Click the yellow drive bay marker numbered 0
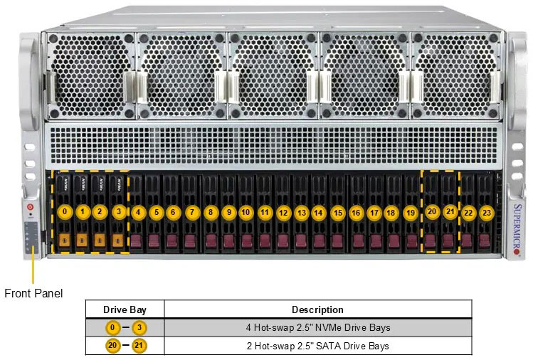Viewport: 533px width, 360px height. [65, 211]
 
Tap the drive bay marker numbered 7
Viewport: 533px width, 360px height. [191, 212]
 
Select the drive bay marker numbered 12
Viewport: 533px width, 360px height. [283, 212]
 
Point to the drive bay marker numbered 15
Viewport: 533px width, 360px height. [337, 212]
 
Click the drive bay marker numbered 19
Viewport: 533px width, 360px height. [410, 212]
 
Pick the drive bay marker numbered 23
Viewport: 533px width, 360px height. [486, 212]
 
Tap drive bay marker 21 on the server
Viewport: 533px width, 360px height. [450, 211]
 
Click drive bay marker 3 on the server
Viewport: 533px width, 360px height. [119, 211]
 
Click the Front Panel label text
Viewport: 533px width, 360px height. [33, 293]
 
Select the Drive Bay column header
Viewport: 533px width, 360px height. [125, 309]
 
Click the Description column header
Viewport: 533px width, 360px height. [317, 309]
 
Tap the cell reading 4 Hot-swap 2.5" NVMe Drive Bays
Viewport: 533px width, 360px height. [317, 328]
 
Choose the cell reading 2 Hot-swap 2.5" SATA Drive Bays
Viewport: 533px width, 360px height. [317, 346]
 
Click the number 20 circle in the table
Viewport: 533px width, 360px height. [112, 346]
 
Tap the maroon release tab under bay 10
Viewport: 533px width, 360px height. [246, 240]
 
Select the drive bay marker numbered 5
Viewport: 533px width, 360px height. [156, 212]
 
